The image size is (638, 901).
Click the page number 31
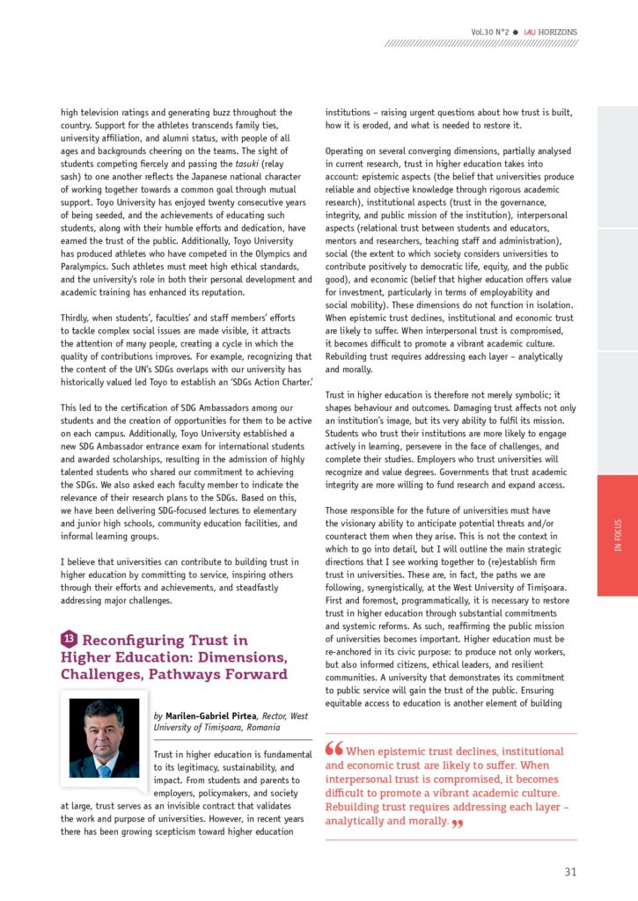click(570, 872)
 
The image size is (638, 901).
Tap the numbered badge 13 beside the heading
click(69, 639)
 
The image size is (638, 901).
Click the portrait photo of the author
click(105, 738)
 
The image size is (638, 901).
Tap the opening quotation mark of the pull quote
click(334, 750)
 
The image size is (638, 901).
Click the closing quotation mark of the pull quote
click(456, 823)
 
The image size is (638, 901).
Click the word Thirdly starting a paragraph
click(77, 318)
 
